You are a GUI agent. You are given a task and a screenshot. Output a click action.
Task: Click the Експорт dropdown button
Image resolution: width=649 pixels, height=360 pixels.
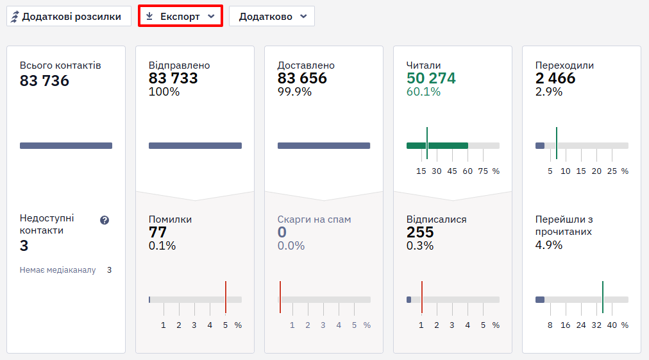point(180,16)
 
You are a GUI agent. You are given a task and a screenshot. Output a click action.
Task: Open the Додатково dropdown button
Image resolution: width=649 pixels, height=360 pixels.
point(272,16)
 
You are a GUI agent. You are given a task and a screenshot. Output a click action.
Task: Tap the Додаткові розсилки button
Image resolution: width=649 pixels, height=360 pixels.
point(69,16)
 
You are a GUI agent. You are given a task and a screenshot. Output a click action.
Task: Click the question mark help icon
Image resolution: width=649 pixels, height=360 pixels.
point(105,220)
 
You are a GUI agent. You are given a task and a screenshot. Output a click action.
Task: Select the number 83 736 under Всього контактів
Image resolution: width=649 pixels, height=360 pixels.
point(44,81)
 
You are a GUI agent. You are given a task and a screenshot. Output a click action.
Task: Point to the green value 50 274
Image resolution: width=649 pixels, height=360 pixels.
point(431,78)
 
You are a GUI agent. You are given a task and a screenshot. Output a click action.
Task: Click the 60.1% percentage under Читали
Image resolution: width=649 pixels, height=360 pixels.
point(423,92)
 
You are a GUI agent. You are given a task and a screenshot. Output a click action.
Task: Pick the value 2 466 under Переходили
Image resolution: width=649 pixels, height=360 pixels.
point(555,78)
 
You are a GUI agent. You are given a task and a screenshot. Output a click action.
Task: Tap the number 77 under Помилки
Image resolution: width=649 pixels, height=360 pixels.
point(157,232)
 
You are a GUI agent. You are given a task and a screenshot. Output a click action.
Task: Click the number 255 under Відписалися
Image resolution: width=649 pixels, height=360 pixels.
point(419,232)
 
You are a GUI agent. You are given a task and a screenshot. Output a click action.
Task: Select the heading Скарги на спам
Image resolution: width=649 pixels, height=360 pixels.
point(314,219)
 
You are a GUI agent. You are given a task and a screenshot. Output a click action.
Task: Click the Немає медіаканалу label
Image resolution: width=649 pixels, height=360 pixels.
point(58,270)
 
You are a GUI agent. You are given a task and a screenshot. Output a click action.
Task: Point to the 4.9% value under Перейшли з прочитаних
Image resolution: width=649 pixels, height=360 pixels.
point(549,245)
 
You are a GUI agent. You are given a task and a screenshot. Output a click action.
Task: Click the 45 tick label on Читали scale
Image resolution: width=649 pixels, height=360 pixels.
point(452,171)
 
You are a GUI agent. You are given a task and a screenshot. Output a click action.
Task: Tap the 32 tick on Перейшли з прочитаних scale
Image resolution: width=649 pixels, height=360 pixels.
point(596,325)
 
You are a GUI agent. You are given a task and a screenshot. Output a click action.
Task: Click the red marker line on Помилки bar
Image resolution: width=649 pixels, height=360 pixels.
point(226,297)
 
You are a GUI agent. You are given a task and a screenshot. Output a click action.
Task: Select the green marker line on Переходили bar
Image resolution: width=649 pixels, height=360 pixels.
point(556,143)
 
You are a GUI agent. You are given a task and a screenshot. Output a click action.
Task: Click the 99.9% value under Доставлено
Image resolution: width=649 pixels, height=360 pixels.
point(294,92)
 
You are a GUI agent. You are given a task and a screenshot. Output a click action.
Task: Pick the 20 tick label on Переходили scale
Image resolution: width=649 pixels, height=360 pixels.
point(596,171)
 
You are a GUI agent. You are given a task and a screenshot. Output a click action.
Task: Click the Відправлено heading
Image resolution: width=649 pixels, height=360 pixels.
point(179,65)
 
